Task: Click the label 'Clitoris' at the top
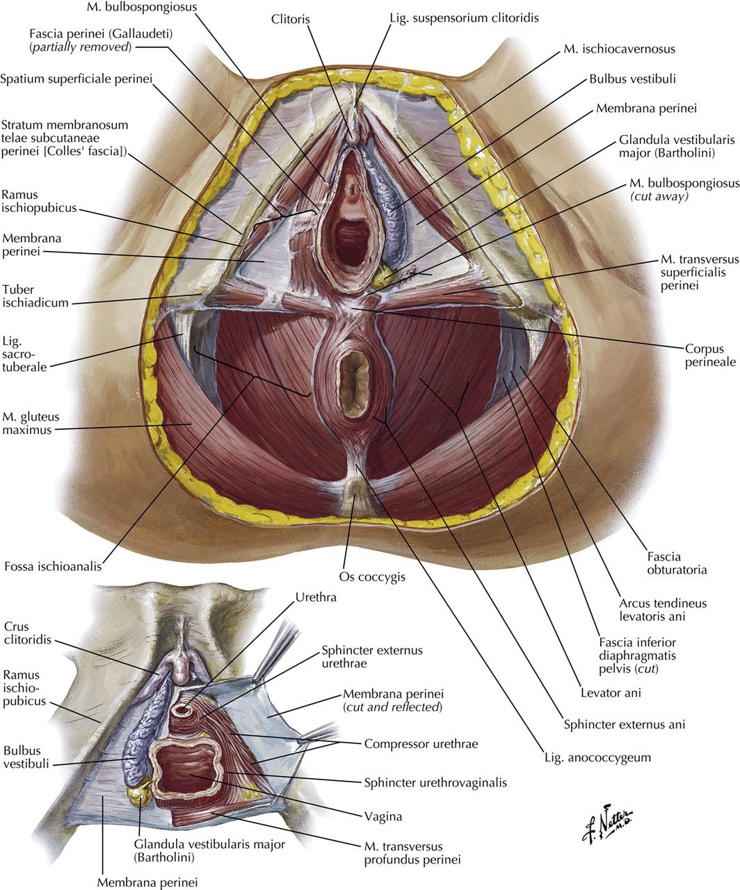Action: [x=291, y=19]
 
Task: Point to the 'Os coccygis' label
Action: [x=372, y=576]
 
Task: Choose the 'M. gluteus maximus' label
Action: [x=31, y=423]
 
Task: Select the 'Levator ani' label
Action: [x=611, y=692]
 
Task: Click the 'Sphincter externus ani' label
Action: [x=624, y=724]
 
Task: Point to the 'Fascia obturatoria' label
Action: [x=676, y=563]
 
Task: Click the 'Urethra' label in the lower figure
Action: [x=316, y=597]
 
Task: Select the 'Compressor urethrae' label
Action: [x=421, y=743]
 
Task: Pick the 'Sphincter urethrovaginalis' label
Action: [x=435, y=782]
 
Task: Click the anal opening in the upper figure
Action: [x=355, y=374]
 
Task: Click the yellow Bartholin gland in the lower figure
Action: [x=141, y=791]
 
